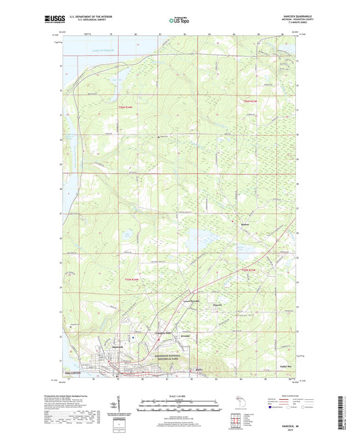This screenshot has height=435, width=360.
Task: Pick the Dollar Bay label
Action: coord(288,369)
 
